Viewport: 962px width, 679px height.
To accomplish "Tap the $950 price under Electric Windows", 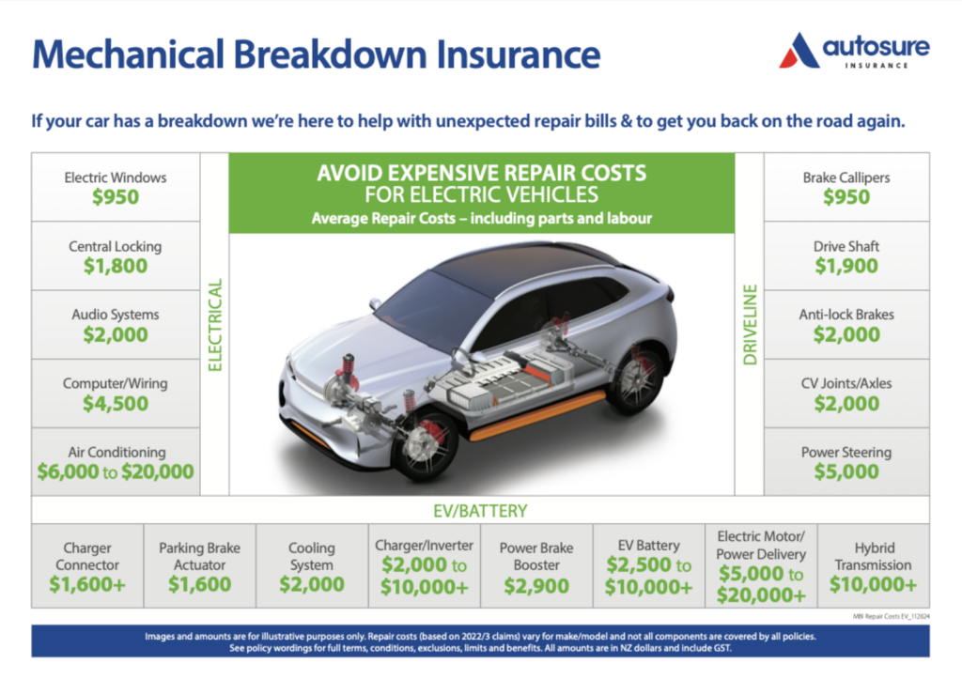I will tap(115, 197).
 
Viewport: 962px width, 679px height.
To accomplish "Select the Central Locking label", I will tap(115, 246).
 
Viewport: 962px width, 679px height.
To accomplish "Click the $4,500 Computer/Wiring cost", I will tap(115, 404).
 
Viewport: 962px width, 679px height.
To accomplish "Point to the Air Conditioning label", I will tap(116, 452).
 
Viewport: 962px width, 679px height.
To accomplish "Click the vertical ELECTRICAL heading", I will tap(215, 324).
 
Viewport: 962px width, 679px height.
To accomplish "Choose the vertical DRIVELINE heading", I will tap(750, 324).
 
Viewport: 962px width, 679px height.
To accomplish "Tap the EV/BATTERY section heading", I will tap(480, 511).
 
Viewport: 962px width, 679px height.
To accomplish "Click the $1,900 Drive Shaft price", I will tap(846, 266).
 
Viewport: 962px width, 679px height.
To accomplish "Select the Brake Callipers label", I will tap(846, 177).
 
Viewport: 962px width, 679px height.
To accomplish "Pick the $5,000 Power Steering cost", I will tap(846, 472).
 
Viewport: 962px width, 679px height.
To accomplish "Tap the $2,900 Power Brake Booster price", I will tap(535, 586).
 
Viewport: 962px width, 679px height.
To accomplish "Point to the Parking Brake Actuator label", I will tap(199, 556).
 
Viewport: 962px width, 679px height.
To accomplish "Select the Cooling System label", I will tap(311, 556).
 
